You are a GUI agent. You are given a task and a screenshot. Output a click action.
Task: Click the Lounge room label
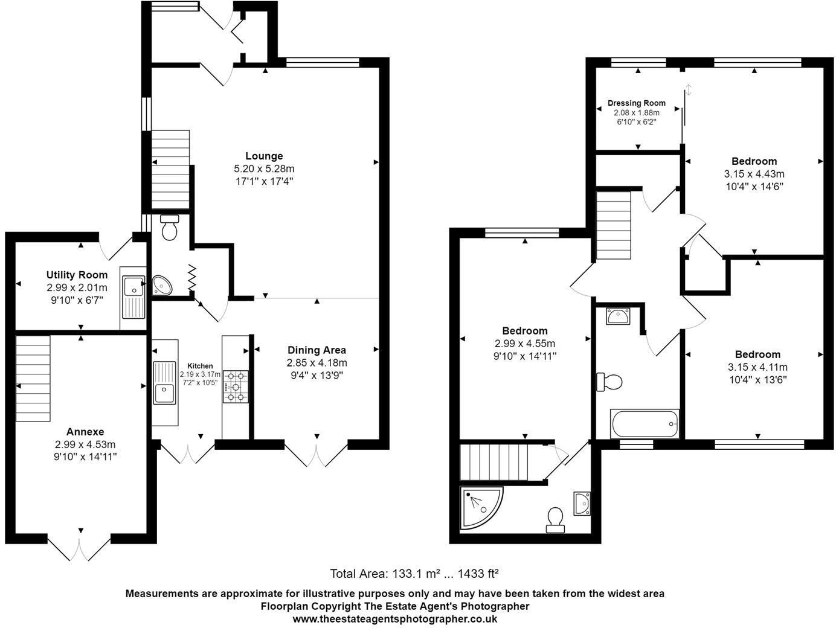264,156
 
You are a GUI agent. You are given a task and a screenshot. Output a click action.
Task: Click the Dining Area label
317,350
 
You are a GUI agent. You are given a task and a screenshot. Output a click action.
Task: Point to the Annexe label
85,432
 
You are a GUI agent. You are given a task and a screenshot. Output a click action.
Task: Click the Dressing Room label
637,103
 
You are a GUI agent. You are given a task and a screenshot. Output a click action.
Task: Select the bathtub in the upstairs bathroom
645,424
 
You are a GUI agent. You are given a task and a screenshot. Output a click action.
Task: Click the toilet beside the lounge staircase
170,228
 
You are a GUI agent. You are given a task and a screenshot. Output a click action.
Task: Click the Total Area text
413,573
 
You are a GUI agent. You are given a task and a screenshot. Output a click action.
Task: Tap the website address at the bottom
395,618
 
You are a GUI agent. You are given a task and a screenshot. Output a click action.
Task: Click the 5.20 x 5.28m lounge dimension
264,168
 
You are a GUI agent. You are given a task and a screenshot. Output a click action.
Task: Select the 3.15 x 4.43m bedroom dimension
754,174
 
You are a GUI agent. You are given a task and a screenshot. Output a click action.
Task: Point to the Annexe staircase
33,379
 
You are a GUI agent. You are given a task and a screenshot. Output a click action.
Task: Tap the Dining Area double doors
316,455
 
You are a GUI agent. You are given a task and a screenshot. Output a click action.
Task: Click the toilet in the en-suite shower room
555,519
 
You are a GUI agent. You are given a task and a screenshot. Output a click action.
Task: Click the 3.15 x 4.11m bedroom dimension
757,367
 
